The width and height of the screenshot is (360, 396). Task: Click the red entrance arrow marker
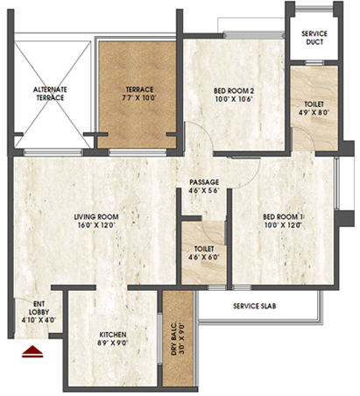(x=32, y=351)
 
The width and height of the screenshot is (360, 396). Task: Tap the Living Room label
(x=96, y=217)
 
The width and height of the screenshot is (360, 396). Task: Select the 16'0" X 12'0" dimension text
(x=96, y=225)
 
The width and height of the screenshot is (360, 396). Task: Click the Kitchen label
(x=113, y=335)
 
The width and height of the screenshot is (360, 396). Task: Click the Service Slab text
(x=255, y=306)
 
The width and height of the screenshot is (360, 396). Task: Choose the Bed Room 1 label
(x=283, y=217)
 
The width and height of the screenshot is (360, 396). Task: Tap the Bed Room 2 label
(x=234, y=90)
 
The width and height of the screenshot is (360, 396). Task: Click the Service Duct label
(x=314, y=38)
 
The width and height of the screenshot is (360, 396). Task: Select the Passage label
(x=204, y=182)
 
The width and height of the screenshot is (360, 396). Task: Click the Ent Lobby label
(x=39, y=308)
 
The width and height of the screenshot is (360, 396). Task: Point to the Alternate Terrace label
(x=50, y=94)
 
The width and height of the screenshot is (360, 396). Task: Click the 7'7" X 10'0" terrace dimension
(x=139, y=97)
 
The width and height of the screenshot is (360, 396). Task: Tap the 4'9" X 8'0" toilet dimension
(x=314, y=112)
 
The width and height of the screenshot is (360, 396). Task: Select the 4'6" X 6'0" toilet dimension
(x=204, y=258)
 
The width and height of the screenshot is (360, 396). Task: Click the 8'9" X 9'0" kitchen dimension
(x=113, y=343)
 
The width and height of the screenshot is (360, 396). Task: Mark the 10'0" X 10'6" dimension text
(x=234, y=99)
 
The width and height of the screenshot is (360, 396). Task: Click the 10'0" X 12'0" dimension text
(x=283, y=225)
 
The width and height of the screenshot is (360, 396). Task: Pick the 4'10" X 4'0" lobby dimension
(x=39, y=320)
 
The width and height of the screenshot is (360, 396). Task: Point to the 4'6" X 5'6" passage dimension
(x=204, y=190)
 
